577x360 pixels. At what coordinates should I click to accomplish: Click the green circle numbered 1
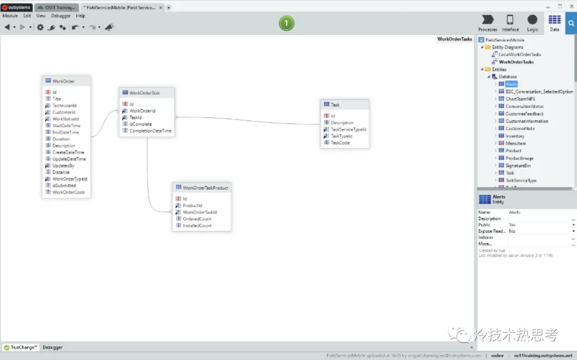(x=286, y=23)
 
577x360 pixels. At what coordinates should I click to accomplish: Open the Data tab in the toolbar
(x=555, y=22)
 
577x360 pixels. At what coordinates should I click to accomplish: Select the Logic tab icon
(x=532, y=22)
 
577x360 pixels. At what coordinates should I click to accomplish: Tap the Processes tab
(x=487, y=22)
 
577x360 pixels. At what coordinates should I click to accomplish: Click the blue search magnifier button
(x=571, y=23)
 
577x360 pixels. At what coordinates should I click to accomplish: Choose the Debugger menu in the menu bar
(x=60, y=16)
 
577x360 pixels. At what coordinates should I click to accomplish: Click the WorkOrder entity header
(x=64, y=81)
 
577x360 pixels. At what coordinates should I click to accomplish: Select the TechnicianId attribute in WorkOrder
(x=64, y=106)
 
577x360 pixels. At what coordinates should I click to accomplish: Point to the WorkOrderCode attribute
(x=68, y=192)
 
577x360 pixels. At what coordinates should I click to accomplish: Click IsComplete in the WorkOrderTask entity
(x=141, y=124)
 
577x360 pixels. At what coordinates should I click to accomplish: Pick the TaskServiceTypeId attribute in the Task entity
(x=348, y=129)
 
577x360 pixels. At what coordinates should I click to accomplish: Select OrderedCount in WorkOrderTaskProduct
(x=197, y=219)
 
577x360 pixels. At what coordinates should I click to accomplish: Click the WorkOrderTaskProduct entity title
(x=205, y=188)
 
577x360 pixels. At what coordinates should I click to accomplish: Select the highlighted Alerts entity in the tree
(x=511, y=84)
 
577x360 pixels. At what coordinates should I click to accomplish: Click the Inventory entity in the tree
(x=514, y=136)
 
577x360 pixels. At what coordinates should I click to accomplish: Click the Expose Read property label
(x=492, y=231)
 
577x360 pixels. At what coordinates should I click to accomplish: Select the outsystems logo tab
(x=17, y=7)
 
